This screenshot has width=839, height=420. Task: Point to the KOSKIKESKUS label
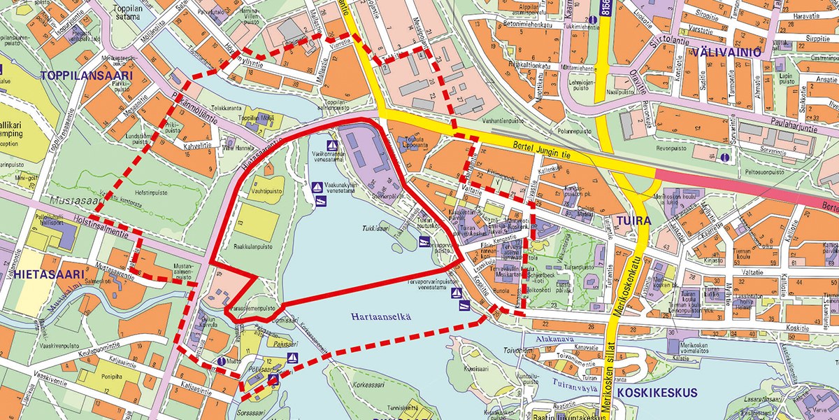pyautogui.click(x=657, y=393)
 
